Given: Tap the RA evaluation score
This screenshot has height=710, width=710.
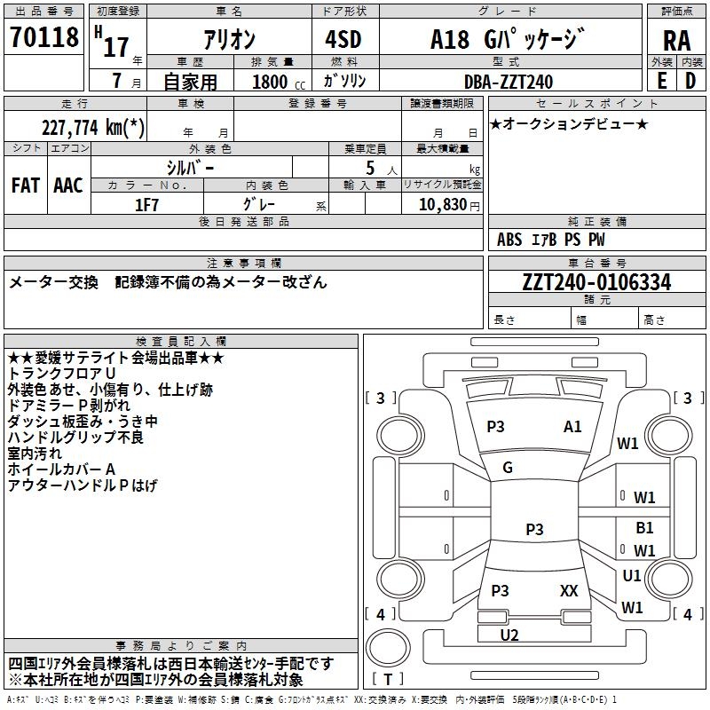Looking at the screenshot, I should [676, 41].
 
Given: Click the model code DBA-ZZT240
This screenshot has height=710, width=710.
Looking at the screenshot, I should [508, 82].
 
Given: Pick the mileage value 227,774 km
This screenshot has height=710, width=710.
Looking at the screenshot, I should [92, 128].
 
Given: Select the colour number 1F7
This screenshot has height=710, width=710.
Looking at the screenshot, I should [146, 203].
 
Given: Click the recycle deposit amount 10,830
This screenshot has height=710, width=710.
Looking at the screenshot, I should [440, 204].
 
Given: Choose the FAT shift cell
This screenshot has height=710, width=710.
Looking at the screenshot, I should [26, 185].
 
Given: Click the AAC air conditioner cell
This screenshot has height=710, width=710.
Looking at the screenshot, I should [68, 185].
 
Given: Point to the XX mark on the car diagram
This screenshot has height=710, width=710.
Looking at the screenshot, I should [570, 590].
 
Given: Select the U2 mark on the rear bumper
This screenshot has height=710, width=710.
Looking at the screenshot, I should [509, 635].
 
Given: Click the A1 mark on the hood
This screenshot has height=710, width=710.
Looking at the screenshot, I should [572, 427].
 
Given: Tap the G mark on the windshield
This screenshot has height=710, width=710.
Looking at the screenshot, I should [508, 468].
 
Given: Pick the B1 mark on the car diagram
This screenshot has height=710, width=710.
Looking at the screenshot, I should [644, 528].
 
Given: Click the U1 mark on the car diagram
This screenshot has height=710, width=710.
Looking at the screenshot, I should [632, 576].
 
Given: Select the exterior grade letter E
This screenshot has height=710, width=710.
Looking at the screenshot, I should [661, 81].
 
